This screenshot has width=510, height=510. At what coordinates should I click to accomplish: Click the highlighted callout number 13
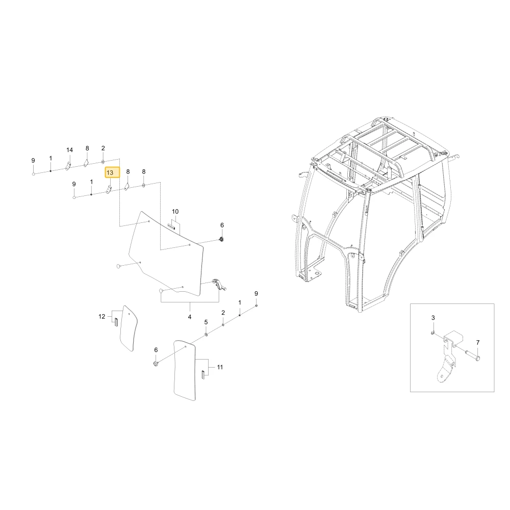point(110,173)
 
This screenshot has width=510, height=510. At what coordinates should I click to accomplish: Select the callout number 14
point(69,150)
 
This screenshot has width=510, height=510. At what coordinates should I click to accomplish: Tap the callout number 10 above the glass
point(175,212)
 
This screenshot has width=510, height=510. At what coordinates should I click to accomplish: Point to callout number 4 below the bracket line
point(190,317)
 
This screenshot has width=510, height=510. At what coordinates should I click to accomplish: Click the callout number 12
point(102,317)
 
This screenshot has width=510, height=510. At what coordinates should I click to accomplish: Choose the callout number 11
point(220,367)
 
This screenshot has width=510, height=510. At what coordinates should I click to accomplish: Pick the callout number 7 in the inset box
point(478,343)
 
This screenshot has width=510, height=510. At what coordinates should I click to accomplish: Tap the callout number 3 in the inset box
point(433,318)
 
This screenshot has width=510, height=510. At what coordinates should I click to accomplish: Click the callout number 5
point(206,322)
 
